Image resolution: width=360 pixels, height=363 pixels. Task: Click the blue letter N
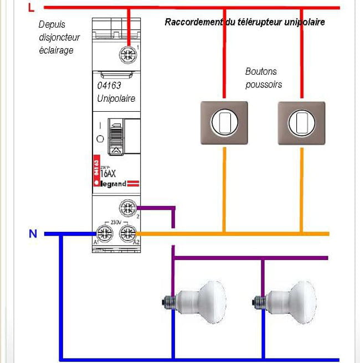point(33,234)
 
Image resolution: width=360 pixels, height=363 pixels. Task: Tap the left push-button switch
point(224,123)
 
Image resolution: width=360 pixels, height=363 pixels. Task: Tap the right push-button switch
point(301,123)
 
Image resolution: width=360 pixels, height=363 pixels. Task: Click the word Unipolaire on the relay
point(116,98)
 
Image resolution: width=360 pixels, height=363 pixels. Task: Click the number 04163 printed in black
point(109,86)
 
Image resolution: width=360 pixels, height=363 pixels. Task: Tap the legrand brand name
point(114,184)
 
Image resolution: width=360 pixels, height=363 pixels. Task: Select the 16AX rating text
point(110,173)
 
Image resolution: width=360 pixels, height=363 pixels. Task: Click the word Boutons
point(261,71)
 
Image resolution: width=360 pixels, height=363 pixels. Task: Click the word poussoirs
point(264,85)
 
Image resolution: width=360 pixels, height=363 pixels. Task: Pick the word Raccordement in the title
point(193,22)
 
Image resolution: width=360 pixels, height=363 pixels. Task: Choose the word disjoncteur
point(59,37)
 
